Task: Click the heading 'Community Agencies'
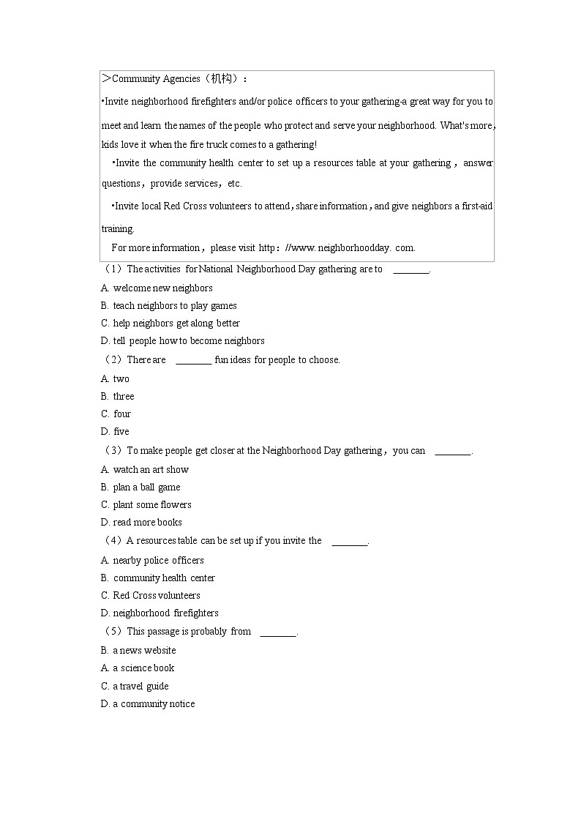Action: click(155, 79)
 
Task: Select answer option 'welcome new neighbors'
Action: click(162, 288)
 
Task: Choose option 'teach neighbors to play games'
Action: click(174, 305)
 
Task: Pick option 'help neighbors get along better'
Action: click(176, 323)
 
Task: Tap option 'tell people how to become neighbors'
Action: click(188, 340)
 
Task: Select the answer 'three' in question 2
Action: click(123, 396)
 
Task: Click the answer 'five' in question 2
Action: click(121, 431)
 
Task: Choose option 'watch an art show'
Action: click(150, 469)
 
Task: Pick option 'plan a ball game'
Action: click(146, 487)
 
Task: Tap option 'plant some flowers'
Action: click(151, 504)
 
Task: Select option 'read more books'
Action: click(147, 522)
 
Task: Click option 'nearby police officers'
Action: click(158, 560)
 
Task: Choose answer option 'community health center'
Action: click(164, 578)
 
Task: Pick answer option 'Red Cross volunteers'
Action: click(156, 595)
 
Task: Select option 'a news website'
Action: click(144, 650)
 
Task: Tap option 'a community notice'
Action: click(154, 703)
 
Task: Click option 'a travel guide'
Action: click(140, 686)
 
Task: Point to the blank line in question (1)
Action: click(411, 270)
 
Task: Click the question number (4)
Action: click(113, 541)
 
